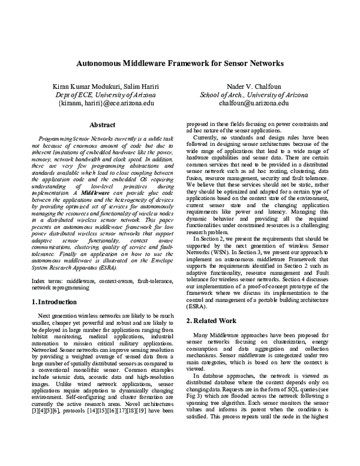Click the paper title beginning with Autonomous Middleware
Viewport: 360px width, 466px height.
pyautogui.click(x=179, y=62)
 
